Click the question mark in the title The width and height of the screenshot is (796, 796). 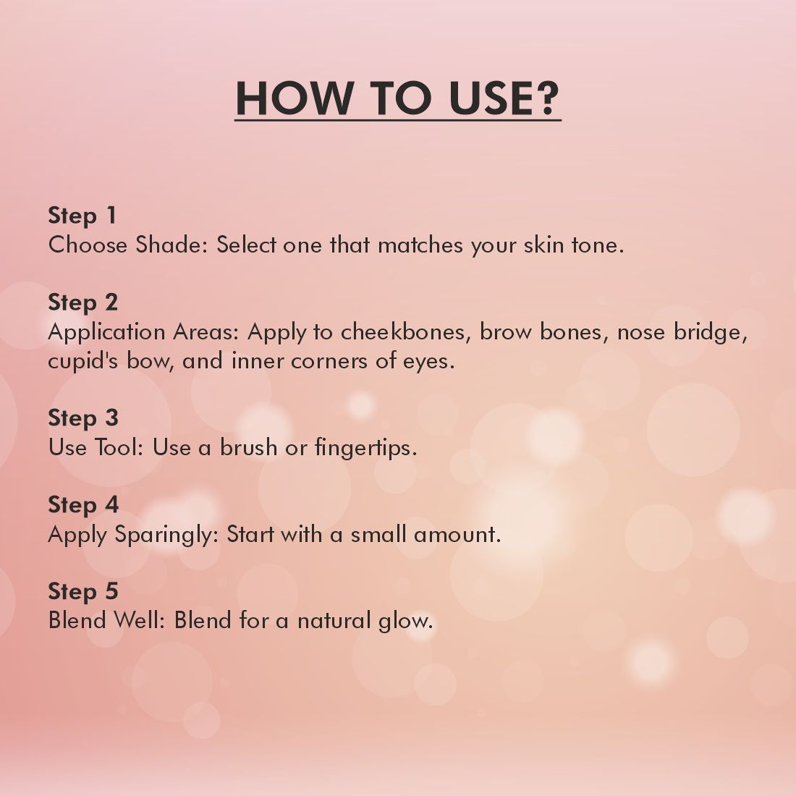(547, 98)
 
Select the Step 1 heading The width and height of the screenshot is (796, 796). (82, 216)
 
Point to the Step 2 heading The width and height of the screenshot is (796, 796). (83, 302)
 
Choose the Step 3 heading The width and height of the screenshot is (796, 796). (83, 418)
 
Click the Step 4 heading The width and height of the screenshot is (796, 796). (83, 505)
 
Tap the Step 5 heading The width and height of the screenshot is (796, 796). (83, 591)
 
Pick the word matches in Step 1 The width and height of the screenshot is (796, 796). (420, 245)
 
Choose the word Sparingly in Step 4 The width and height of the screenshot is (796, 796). (166, 535)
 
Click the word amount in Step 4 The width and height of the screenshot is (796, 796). (457, 535)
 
